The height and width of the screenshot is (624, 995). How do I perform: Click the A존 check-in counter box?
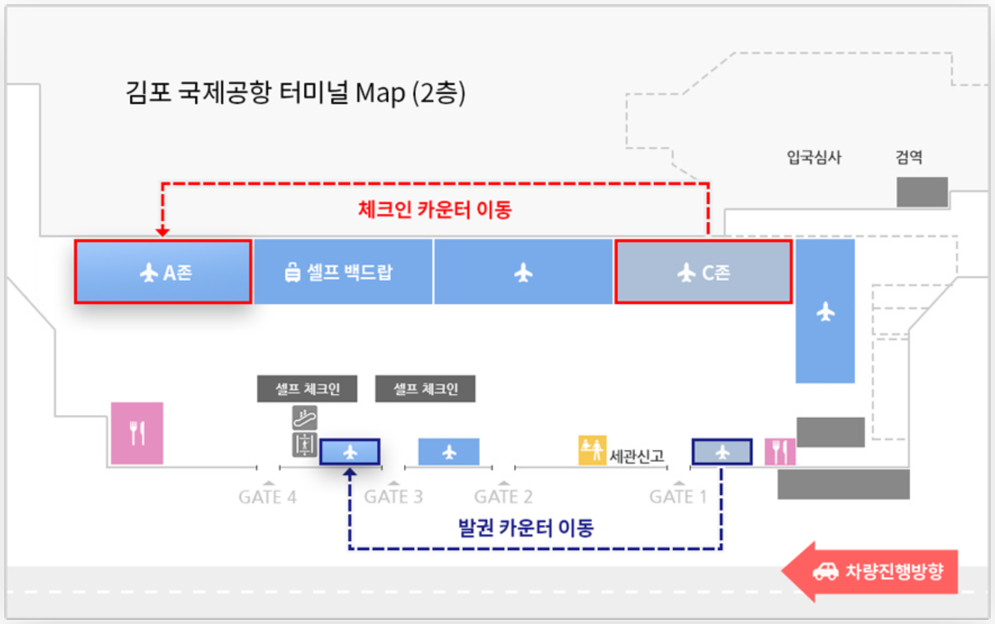(x=163, y=272)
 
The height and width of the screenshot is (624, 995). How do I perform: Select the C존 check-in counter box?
(x=703, y=272)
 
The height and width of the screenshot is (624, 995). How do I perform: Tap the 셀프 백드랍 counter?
(x=343, y=272)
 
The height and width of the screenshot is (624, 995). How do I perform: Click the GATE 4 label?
(x=267, y=497)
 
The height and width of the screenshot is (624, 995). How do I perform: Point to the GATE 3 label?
(x=393, y=497)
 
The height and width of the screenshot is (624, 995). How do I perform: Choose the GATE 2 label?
(x=503, y=497)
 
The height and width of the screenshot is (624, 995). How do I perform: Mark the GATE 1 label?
(x=678, y=497)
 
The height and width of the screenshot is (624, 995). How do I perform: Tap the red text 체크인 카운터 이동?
(x=435, y=209)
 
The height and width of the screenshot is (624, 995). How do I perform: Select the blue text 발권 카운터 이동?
(x=525, y=528)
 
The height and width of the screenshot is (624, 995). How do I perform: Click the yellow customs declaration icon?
(x=592, y=449)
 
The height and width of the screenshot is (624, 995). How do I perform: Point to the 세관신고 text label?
(x=638, y=455)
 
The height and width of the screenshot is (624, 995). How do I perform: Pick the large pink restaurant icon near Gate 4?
(x=137, y=433)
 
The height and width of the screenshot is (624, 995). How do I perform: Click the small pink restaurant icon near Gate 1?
(x=780, y=452)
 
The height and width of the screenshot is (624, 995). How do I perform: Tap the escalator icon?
(x=304, y=417)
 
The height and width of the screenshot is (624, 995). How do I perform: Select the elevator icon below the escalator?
(x=304, y=444)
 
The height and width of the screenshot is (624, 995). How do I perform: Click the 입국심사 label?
(x=814, y=157)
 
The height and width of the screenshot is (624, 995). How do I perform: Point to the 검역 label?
(x=908, y=157)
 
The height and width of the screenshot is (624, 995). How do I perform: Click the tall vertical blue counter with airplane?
(x=825, y=311)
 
